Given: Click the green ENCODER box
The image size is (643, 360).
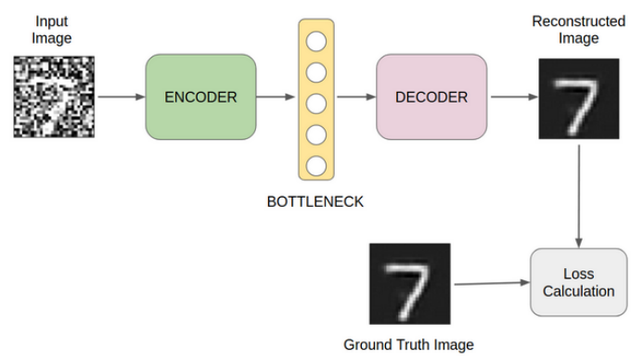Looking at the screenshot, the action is click(x=201, y=97).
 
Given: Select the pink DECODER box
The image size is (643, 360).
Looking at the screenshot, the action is click(x=431, y=97).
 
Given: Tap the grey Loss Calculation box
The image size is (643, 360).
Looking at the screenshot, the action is click(x=579, y=282).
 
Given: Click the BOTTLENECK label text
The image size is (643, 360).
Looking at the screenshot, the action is click(x=315, y=201).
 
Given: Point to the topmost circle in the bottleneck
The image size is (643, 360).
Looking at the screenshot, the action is click(x=316, y=42).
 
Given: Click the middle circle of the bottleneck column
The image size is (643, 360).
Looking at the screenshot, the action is click(x=316, y=104).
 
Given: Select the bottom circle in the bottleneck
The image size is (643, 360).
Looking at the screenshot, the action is click(x=316, y=166).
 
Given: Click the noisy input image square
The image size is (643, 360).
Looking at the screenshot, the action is click(x=54, y=96).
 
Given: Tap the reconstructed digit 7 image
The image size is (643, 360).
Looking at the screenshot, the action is click(x=579, y=99).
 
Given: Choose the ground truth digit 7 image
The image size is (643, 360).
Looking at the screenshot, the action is click(x=410, y=284).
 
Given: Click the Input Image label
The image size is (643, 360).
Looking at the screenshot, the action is click(x=52, y=30).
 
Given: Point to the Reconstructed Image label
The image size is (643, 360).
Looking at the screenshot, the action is click(x=579, y=30).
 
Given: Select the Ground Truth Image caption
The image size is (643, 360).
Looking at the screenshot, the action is click(x=409, y=345).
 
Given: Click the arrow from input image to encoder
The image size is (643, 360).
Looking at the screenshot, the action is click(x=122, y=96).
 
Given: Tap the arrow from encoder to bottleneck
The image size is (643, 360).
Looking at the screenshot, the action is click(x=276, y=96).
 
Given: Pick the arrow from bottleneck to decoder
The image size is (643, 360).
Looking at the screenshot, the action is click(x=356, y=96).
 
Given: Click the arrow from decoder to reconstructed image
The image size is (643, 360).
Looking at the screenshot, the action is click(x=514, y=96).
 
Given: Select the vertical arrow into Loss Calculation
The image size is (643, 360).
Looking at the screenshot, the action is click(x=579, y=197).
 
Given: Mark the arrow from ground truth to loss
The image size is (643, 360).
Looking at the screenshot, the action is click(x=492, y=283).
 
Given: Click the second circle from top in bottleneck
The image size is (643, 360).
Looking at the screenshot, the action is click(x=316, y=72).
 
